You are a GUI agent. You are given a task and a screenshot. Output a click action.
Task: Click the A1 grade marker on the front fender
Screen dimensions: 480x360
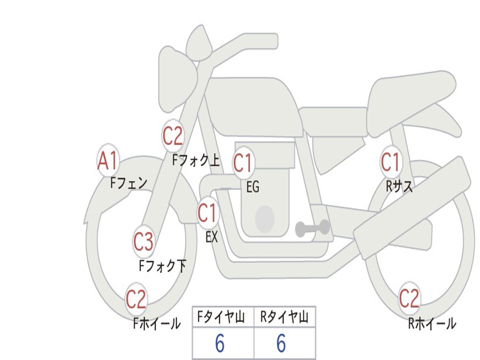tap(107, 160)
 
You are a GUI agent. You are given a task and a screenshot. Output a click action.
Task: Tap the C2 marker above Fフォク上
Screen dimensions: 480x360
tap(172, 136)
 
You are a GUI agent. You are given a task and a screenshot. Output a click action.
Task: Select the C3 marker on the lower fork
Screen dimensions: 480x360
tap(144, 241)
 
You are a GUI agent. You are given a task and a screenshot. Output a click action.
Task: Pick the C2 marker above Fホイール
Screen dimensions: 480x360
tap(136, 299)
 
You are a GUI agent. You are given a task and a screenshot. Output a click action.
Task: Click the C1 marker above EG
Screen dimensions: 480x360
tap(243, 163)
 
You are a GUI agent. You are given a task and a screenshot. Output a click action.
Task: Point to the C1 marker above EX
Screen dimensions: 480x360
tap(208, 213)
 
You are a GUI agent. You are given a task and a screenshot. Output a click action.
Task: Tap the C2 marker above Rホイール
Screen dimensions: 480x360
tap(409, 298)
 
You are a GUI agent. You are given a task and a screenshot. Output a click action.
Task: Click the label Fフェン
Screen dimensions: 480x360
tap(128, 183)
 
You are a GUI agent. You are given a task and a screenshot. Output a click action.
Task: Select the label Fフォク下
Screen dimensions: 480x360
tap(162, 266)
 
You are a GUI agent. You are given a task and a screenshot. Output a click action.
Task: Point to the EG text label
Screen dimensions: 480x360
tap(253, 187)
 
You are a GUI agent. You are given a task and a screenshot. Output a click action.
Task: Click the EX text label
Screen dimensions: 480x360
tap(211, 237)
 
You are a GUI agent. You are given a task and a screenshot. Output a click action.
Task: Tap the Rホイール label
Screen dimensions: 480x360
tap(432, 323)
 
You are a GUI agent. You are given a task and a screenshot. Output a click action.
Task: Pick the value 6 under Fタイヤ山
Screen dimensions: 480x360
tap(220, 344)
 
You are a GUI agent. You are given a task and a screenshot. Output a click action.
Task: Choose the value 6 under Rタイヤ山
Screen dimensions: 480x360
tap(281, 344)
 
